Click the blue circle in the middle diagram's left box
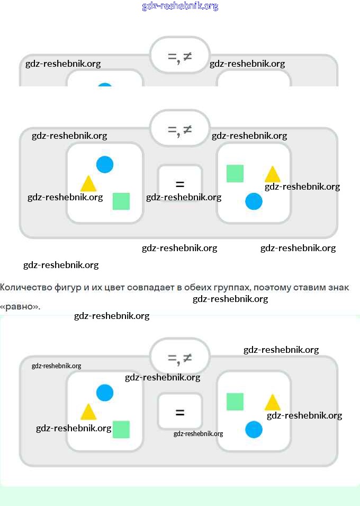point(105,165)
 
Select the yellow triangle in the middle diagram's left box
point(88,184)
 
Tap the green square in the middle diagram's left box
point(121,201)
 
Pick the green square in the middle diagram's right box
point(235,173)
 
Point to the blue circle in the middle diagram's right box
point(254,201)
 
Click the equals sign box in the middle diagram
point(180,184)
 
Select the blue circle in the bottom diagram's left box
point(105,393)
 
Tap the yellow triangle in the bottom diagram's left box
point(88,412)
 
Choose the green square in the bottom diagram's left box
point(121,429)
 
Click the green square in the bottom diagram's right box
point(235,402)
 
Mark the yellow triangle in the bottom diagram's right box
point(272,403)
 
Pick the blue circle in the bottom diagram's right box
point(254,429)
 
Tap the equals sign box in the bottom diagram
point(180,412)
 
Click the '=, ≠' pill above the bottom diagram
point(180,359)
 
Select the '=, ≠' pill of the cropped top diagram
point(180,55)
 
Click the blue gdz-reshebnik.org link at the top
point(180,6)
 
